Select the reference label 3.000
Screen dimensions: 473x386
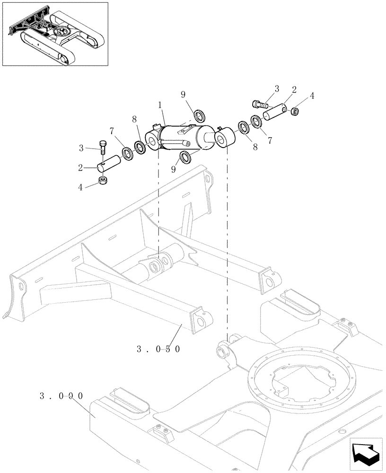[x=61, y=395]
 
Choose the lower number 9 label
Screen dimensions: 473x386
[x=174, y=169]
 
